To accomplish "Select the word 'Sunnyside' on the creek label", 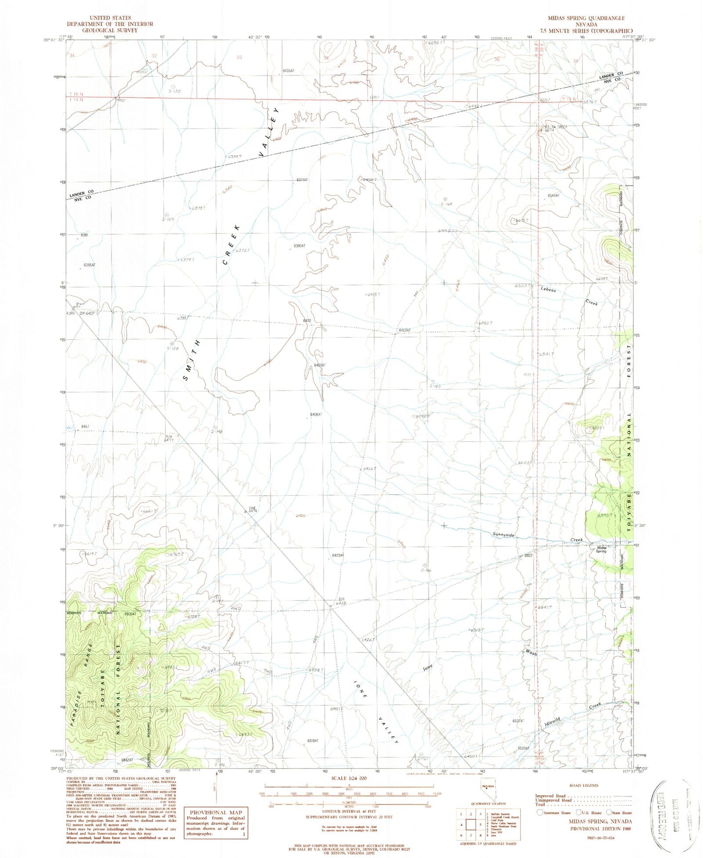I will pos(503,535).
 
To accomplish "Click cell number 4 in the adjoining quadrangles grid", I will pos(461,824).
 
